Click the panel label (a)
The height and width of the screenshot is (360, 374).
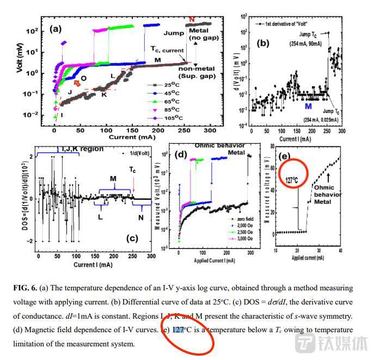(x=56, y=30)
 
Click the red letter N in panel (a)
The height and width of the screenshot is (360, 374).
(x=191, y=20)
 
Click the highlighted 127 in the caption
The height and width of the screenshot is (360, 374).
(x=179, y=330)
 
